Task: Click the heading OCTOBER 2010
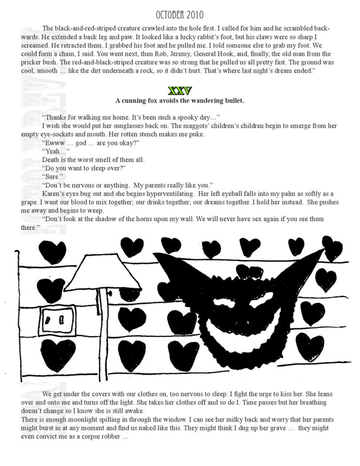pos(180,15)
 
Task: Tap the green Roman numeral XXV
pos(180,91)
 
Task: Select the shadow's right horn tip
pos(323,252)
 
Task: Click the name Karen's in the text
pos(53,194)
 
